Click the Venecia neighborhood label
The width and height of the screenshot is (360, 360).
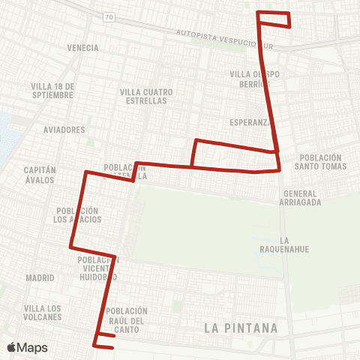(x=82, y=48)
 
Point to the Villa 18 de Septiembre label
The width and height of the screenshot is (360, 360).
(x=52, y=91)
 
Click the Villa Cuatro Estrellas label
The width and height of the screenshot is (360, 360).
(x=146, y=97)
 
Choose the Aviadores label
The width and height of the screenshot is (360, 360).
(x=64, y=130)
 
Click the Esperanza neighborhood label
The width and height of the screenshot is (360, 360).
(x=248, y=121)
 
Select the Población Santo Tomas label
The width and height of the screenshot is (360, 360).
(x=323, y=162)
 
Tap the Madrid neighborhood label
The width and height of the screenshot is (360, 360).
(x=40, y=277)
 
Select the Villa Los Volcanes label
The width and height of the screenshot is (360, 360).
(x=43, y=313)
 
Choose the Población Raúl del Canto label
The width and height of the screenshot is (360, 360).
(x=127, y=319)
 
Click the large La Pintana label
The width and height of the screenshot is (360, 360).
(x=241, y=328)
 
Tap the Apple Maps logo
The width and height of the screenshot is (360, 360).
(x=27, y=347)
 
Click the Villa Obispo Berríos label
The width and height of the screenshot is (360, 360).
(x=255, y=79)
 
